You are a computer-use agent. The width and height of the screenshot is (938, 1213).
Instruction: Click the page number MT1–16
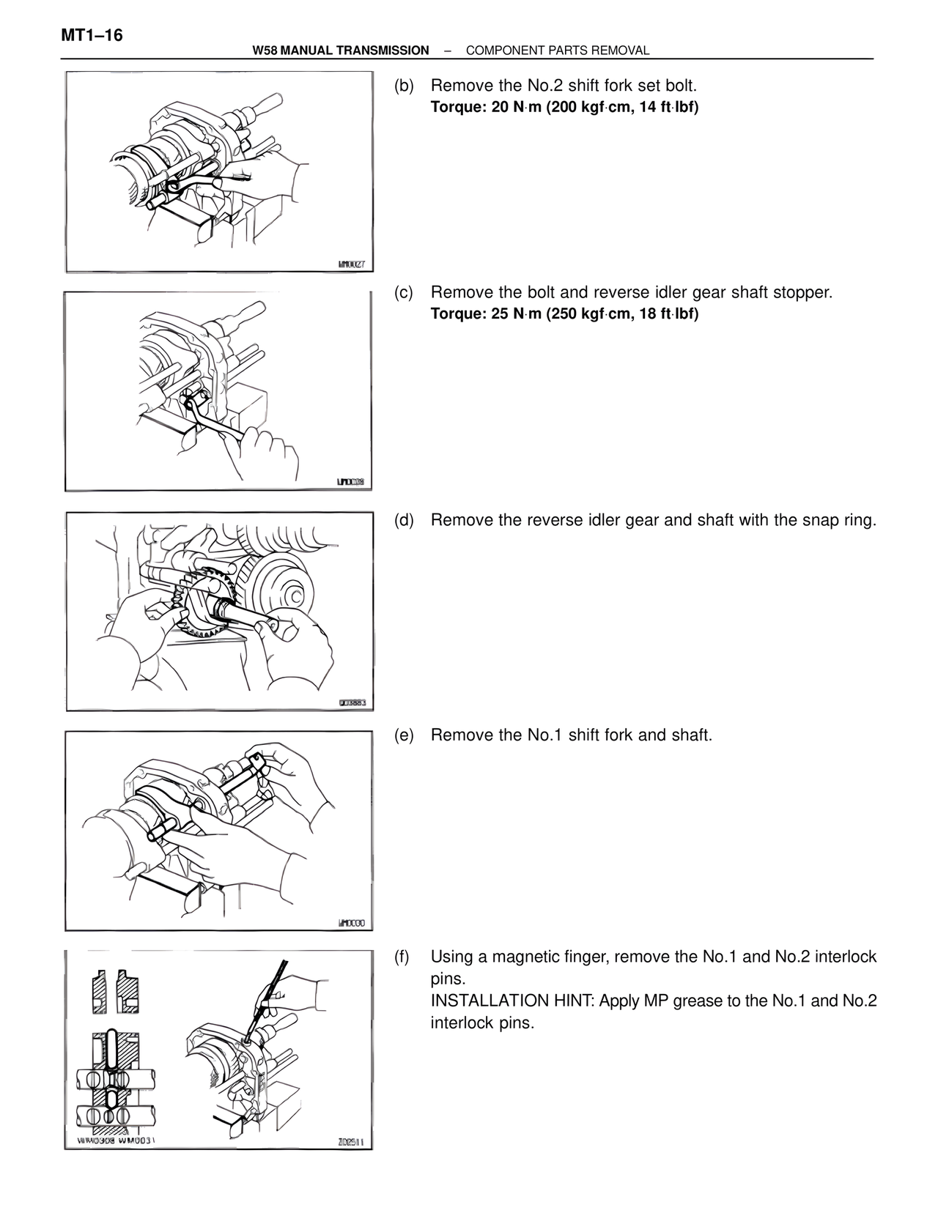pos(92,34)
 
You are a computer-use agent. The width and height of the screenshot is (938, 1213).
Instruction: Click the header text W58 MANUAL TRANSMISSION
pos(340,51)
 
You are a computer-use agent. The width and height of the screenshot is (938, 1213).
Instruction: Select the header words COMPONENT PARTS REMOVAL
pos(558,51)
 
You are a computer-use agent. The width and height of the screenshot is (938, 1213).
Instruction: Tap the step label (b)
pos(404,86)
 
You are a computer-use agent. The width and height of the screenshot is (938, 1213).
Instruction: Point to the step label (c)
pos(404,293)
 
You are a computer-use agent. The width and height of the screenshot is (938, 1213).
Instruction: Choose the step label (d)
pos(404,521)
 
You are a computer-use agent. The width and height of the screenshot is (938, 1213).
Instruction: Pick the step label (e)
pos(404,735)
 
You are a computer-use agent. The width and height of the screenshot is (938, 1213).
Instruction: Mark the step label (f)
pos(402,957)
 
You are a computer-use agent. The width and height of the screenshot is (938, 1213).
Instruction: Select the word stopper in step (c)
pos(802,293)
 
